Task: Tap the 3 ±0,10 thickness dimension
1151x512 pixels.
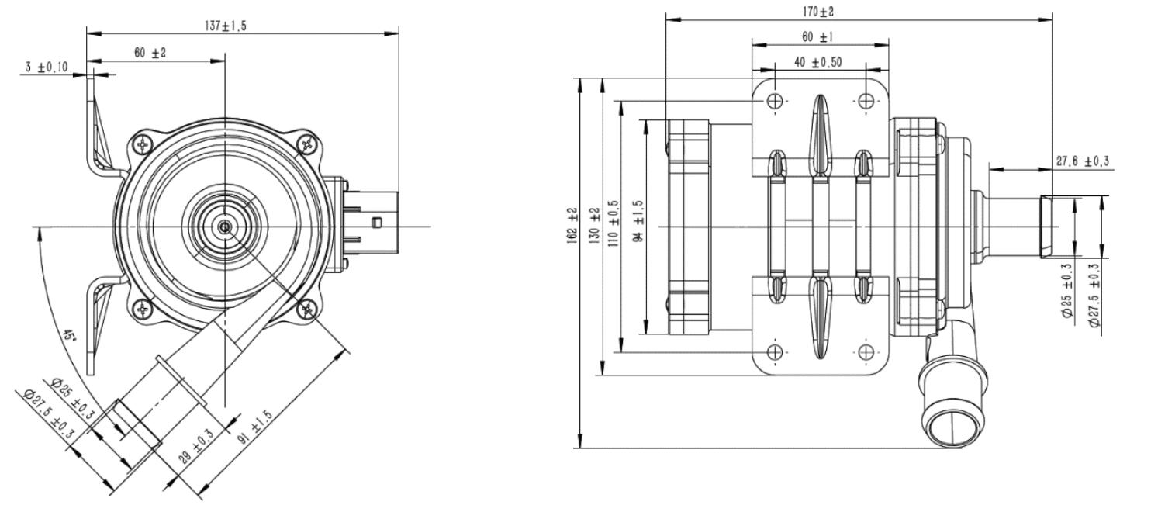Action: point(45,67)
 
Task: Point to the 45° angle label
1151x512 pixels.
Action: point(70,337)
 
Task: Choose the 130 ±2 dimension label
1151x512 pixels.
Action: point(595,226)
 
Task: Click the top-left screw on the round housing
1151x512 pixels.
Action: point(143,143)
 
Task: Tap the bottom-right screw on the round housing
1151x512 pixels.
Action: point(308,310)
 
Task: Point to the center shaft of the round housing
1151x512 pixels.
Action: point(223,227)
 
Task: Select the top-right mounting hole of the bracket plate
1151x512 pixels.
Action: point(867,101)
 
